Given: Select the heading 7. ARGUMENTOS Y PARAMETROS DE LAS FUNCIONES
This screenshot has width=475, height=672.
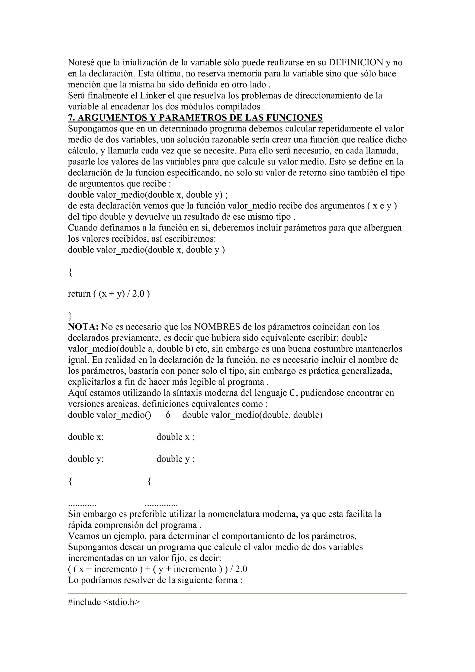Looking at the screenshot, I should pyautogui.click(x=195, y=118).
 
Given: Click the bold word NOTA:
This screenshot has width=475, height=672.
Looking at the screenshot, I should pyautogui.click(x=83, y=327).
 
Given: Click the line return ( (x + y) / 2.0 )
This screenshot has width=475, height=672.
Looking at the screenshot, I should pyautogui.click(x=109, y=294).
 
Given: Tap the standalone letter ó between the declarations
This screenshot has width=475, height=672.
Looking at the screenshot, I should pyautogui.click(x=168, y=415).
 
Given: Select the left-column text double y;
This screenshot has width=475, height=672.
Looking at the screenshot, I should pyautogui.click(x=86, y=459).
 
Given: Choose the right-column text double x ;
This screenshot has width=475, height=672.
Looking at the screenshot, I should pyautogui.click(x=176, y=437).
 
